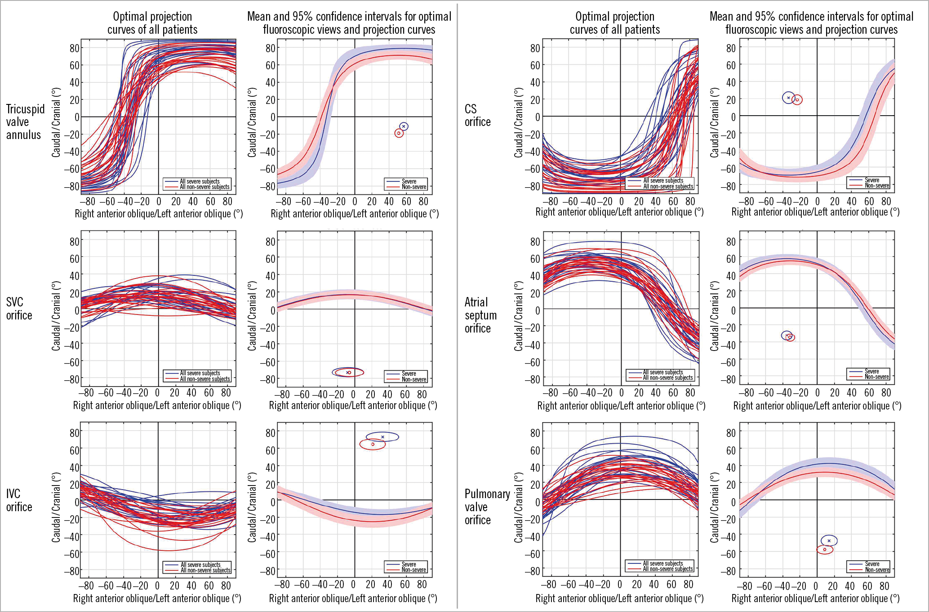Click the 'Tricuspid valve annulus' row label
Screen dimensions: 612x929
coord(25,122)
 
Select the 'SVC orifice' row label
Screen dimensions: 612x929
coord(19,309)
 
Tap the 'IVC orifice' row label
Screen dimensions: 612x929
coord(19,500)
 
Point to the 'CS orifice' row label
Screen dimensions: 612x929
coord(477,116)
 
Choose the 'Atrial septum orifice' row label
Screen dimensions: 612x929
coord(480,315)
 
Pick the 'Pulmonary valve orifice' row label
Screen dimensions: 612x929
coord(487,507)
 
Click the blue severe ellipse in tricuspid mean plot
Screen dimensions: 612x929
coord(404,126)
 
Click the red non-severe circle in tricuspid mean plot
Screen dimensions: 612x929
coord(399,133)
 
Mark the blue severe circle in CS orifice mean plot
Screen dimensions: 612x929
coord(788,98)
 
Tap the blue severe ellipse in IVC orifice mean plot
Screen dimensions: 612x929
coord(382,436)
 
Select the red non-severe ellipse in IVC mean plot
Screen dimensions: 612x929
coord(373,444)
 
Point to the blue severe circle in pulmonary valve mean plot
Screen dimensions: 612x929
coord(829,540)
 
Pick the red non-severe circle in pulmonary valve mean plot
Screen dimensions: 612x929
coord(825,549)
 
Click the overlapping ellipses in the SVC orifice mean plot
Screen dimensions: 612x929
coord(348,372)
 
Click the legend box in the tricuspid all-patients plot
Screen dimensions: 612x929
coord(198,184)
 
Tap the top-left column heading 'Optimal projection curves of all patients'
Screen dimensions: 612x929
coord(152,23)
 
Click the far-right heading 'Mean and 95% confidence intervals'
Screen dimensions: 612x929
coord(811,23)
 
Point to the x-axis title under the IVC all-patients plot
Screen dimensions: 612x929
coord(157,598)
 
